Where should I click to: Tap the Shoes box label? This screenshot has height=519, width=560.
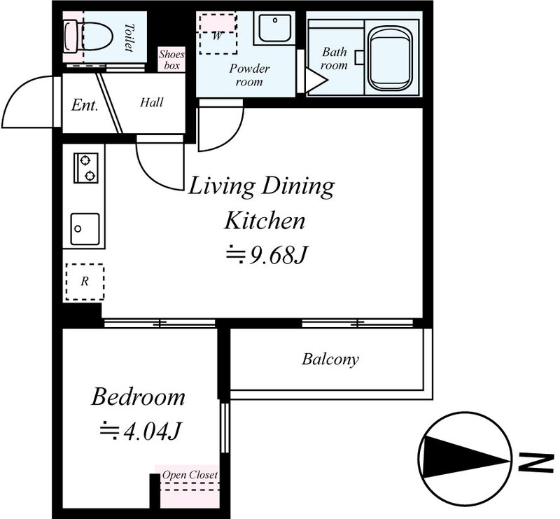171,60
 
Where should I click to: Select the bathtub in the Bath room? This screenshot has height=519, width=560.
391,59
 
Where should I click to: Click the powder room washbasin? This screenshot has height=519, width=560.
274,28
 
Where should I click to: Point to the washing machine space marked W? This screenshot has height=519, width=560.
218,34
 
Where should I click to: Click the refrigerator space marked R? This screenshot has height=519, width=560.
85,282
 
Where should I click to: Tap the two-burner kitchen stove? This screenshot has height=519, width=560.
85,168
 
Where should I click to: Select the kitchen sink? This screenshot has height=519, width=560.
85,229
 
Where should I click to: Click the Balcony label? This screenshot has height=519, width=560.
330,359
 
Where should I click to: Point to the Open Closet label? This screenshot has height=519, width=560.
190,475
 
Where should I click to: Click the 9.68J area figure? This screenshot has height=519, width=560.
267,255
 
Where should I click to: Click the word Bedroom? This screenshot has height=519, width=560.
138,396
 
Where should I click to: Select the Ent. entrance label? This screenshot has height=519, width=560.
85,105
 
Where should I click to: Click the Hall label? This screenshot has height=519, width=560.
151,102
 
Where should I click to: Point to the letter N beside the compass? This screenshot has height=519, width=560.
535,463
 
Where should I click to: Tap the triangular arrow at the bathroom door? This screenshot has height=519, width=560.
316,81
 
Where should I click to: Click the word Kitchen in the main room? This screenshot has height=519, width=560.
265,221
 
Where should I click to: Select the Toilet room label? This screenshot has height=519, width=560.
129,38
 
